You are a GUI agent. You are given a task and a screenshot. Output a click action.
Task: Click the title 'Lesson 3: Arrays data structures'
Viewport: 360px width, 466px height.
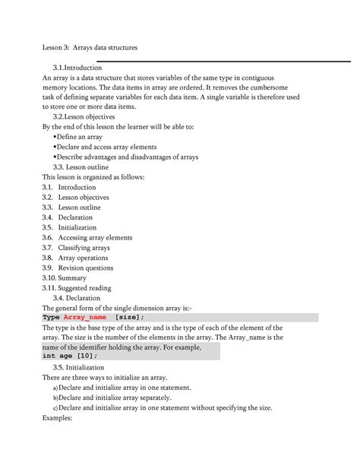(x=89, y=48)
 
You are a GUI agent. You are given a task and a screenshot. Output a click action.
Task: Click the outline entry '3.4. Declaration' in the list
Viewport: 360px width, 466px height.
(x=68, y=217)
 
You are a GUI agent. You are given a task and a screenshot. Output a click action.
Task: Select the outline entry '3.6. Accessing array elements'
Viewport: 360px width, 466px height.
(x=87, y=237)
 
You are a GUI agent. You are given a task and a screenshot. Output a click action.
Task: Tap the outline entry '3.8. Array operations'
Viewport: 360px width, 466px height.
(x=75, y=258)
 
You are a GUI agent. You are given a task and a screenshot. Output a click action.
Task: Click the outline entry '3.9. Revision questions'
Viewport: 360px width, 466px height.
(x=80, y=268)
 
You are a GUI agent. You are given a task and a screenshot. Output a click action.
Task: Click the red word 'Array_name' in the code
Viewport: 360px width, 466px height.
(x=85, y=317)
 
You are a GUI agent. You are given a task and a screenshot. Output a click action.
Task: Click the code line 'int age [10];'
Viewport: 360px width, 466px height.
(x=70, y=356)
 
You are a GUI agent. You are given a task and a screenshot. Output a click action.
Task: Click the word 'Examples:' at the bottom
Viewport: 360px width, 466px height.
(x=57, y=417)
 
